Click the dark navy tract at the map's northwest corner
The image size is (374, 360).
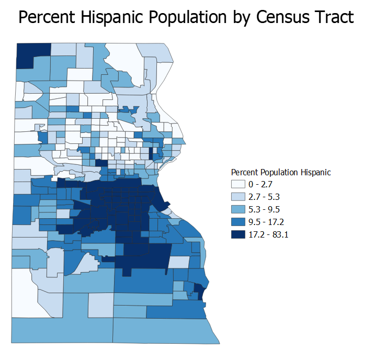coord(33,55)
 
